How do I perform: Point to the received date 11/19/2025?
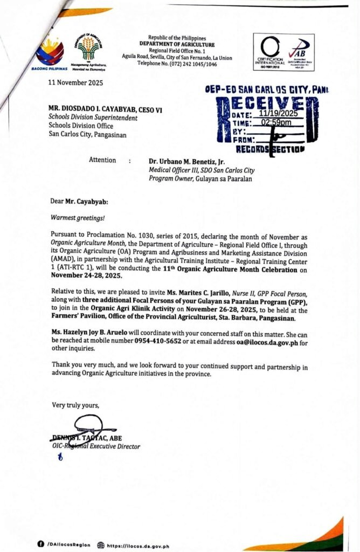[278, 114]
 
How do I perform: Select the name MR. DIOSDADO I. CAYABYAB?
[98, 110]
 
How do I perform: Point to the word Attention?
[102, 160]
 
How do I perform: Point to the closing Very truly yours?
[75, 405]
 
